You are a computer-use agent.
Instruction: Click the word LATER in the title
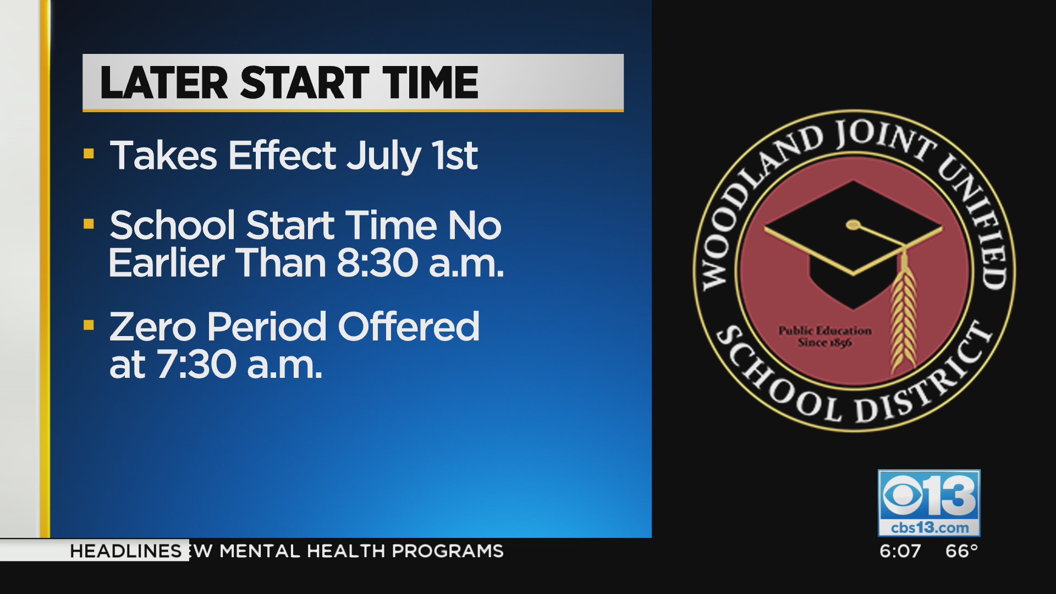tap(164, 83)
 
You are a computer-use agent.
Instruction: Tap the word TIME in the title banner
tap(431, 83)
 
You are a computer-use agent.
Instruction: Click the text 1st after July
tap(454, 155)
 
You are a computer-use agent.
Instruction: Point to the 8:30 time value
tap(377, 263)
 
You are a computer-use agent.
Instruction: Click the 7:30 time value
tap(197, 364)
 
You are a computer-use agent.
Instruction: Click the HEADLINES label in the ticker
tap(125, 551)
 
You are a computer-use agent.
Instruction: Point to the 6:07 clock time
tap(900, 551)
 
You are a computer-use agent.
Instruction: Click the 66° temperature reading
tap(961, 551)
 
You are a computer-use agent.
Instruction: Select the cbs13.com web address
tap(930, 527)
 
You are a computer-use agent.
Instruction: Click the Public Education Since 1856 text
tap(825, 336)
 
